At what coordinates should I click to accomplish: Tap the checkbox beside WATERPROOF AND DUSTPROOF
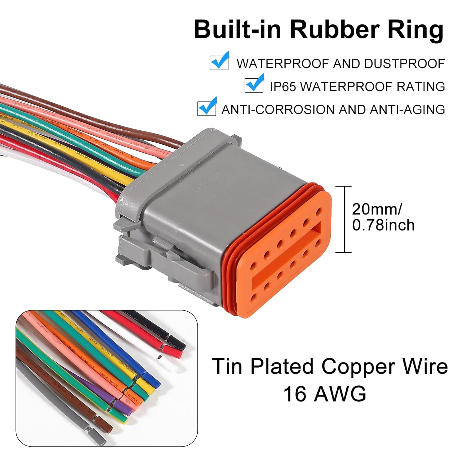pos(219,62)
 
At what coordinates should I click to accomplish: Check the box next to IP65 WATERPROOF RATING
pos(254,85)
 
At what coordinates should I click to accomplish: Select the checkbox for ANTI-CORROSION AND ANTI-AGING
pos(207,108)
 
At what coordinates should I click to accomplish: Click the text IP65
pos(282,87)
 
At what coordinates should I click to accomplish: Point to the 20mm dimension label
pos(376,209)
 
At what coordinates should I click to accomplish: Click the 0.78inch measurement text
pos(383,225)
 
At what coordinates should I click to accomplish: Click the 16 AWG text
pos(325,394)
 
